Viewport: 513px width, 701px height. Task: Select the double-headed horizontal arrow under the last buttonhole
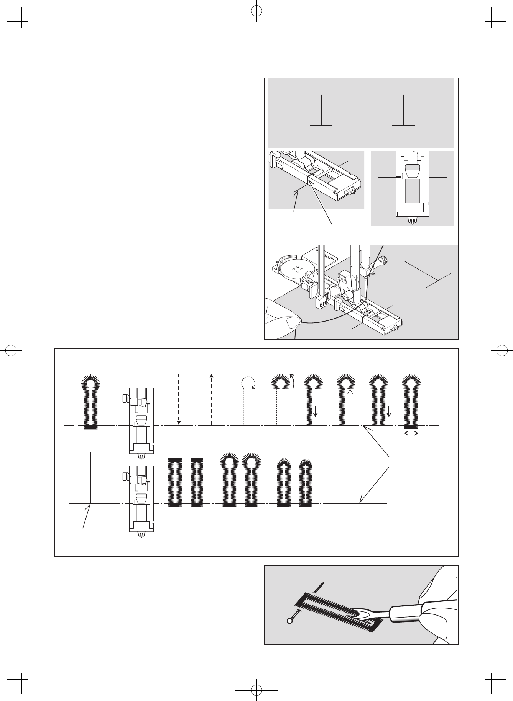411,433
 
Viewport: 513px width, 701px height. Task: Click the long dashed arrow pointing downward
179,398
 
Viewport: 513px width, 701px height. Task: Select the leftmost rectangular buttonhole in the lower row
175,482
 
